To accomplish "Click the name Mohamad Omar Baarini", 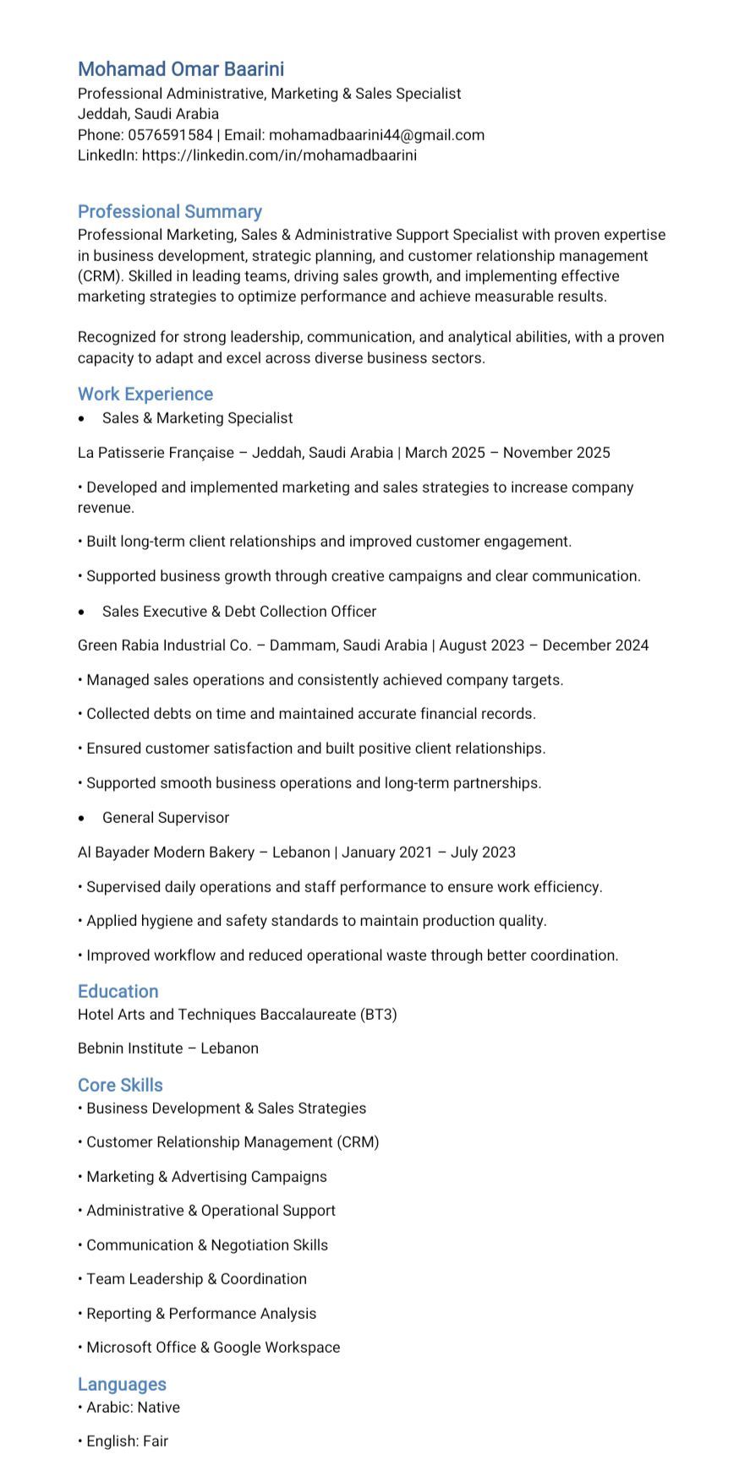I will click(181, 69).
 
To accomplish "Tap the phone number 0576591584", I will click(170, 135).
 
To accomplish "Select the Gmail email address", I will click(376, 135).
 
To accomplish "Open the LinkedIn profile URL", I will click(279, 155).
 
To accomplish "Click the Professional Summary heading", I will click(170, 211).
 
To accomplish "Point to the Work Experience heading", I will click(145, 394).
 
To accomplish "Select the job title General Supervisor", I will click(166, 818).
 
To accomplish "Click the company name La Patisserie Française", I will click(156, 453).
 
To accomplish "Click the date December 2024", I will click(595, 645).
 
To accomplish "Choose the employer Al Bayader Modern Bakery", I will click(166, 852).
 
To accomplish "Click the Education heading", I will click(118, 991).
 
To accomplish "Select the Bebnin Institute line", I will click(168, 1048).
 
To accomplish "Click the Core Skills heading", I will click(120, 1085).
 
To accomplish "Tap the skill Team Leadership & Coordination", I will click(196, 1279).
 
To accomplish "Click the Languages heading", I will click(122, 1384).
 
